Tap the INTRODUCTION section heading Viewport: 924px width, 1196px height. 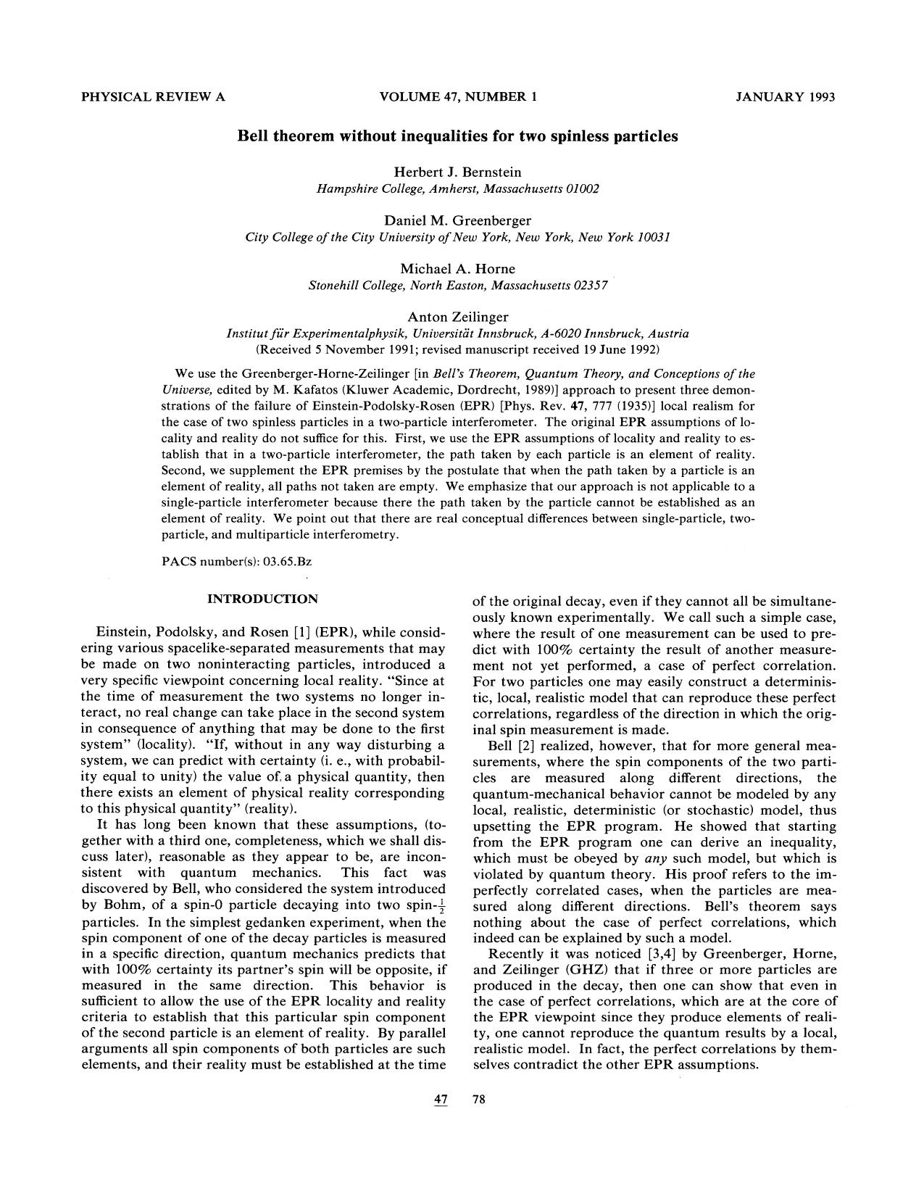pyautogui.click(x=262, y=599)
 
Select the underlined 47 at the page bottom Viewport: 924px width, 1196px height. pyautogui.click(x=441, y=1100)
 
